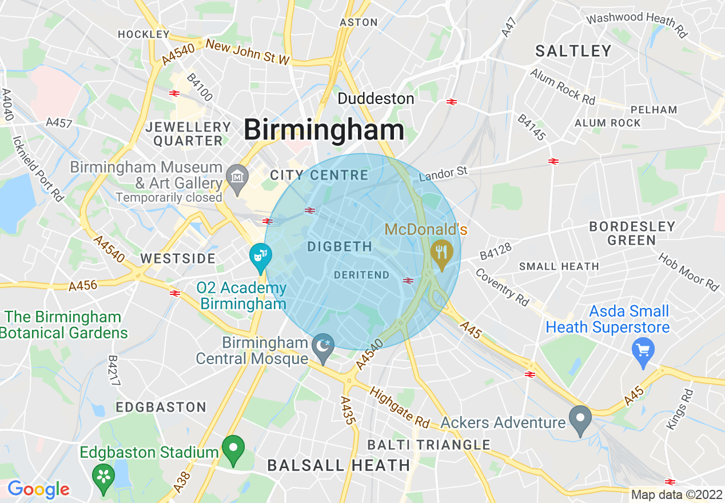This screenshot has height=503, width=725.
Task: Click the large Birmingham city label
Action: (324, 130)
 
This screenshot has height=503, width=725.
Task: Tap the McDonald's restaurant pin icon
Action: (441, 250)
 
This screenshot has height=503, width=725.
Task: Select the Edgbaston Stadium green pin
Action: (233, 449)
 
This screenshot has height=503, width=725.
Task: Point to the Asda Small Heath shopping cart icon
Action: (643, 348)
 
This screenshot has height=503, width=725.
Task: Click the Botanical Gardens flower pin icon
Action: (103, 476)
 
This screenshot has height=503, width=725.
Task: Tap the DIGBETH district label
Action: (340, 247)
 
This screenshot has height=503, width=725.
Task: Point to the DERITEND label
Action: (361, 275)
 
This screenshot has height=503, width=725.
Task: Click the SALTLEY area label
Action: (573, 51)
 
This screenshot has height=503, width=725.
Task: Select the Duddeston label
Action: (376, 99)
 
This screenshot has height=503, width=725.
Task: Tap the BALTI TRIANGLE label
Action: (429, 445)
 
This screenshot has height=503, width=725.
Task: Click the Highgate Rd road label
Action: (400, 408)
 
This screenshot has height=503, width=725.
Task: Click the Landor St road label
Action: (443, 174)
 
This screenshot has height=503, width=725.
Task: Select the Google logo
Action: (38, 489)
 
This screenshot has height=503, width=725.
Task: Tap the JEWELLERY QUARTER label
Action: (188, 134)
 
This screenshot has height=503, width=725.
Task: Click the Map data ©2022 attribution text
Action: (676, 494)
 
